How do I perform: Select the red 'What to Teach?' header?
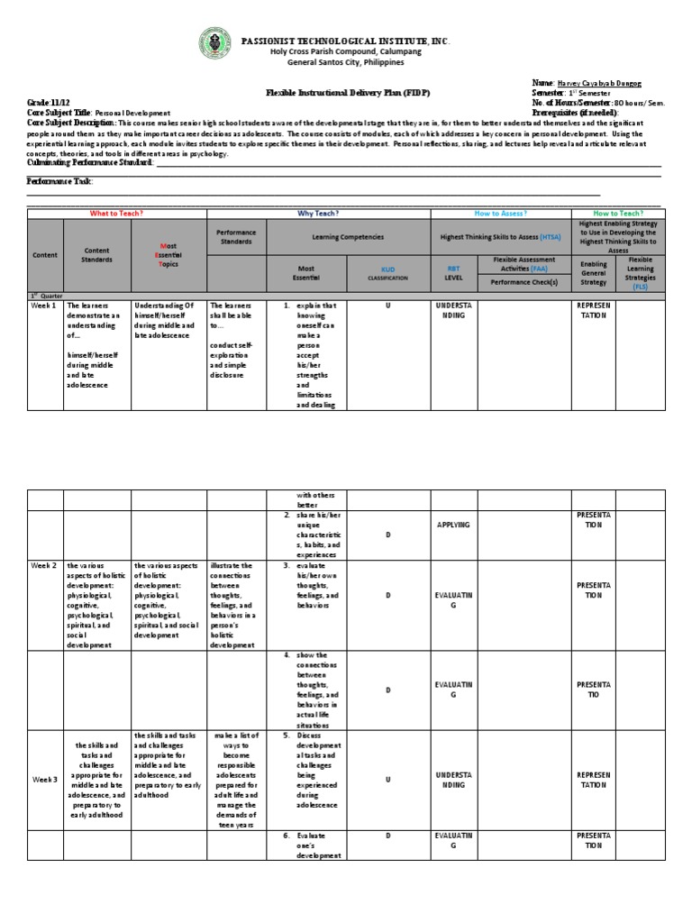[117, 214]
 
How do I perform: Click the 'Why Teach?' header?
[318, 214]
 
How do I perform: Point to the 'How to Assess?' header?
[500, 214]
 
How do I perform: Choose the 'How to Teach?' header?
[617, 214]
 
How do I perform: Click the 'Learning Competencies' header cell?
[348, 237]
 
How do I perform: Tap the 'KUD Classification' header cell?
[388, 273]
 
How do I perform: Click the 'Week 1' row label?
[44, 306]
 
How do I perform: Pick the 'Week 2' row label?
[44, 566]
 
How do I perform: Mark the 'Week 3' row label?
[44, 779]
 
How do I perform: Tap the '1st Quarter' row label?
[44, 295]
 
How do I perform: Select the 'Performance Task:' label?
[59, 181]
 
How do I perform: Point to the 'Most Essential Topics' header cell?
[168, 255]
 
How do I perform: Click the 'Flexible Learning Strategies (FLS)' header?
[641, 273]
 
